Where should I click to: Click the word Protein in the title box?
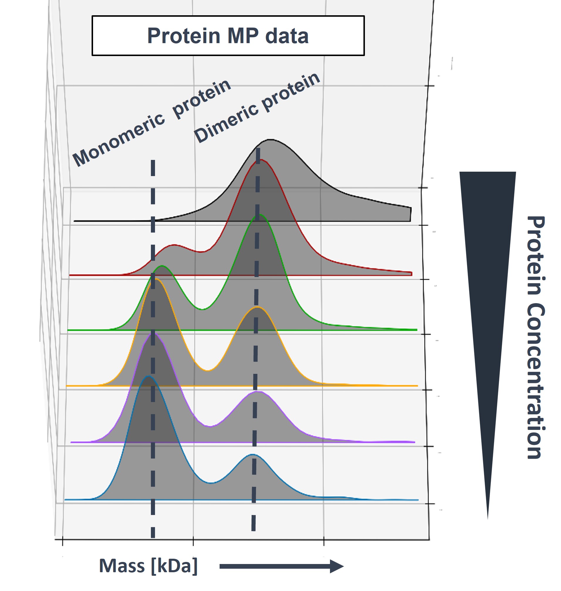click(x=183, y=36)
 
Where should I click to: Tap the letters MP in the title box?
click(x=243, y=36)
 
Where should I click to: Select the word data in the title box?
click(x=287, y=36)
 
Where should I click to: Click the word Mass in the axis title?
click(x=122, y=566)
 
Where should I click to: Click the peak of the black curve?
click(x=270, y=139)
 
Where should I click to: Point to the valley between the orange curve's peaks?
click(x=208, y=371)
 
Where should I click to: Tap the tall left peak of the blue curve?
click(x=149, y=376)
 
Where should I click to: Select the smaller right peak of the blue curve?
click(x=253, y=454)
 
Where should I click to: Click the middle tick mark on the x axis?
click(x=193, y=542)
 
